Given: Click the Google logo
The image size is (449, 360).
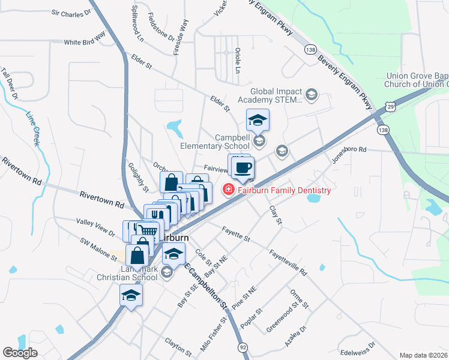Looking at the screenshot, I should pyautogui.click(x=20, y=353).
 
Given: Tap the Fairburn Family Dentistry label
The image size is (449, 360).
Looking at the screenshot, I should pyautogui.click(x=283, y=191).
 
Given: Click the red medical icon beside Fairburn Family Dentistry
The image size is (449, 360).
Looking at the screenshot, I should pyautogui.click(x=228, y=191).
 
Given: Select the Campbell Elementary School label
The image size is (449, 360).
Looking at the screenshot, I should pyautogui.click(x=215, y=141).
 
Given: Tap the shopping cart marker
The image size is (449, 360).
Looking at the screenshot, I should pyautogui.click(x=150, y=230).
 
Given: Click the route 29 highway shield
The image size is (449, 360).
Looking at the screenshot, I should pyautogui.click(x=391, y=106).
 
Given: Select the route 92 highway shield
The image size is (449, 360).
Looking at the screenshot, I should pyautogui.click(x=243, y=347).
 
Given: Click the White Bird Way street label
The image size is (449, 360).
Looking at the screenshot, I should pyautogui.click(x=85, y=43).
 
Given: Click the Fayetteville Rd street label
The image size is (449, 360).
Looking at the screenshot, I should pyautogui.click(x=288, y=262).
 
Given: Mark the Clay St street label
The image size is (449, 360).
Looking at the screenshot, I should pyautogui.click(x=276, y=214).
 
